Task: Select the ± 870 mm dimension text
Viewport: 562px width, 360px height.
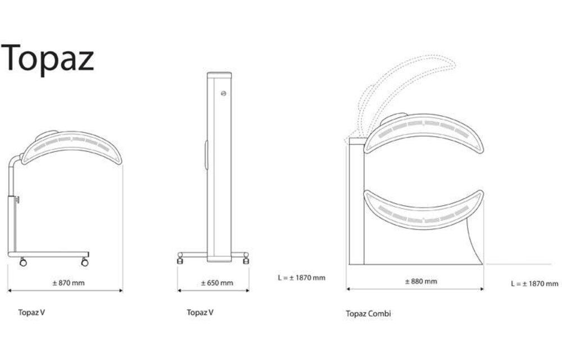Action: (68, 283)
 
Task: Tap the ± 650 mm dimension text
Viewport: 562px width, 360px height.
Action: (216, 283)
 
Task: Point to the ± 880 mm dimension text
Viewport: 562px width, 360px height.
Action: (420, 281)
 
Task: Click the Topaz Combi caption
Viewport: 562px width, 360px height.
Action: (368, 314)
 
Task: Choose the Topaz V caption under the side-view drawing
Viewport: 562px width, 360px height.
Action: (31, 312)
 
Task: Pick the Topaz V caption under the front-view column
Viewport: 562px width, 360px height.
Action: (200, 312)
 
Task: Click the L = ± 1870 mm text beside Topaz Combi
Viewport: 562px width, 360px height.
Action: (534, 284)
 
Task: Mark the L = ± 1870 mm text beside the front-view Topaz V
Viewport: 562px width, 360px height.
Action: (301, 277)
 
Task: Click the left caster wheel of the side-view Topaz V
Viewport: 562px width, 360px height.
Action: (23, 262)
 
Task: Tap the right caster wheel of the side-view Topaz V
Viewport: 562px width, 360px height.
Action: (85, 262)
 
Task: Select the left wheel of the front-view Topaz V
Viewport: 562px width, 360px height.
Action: (181, 259)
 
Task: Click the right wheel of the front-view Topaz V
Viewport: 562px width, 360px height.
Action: (246, 259)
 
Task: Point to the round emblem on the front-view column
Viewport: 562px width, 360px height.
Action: (224, 94)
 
